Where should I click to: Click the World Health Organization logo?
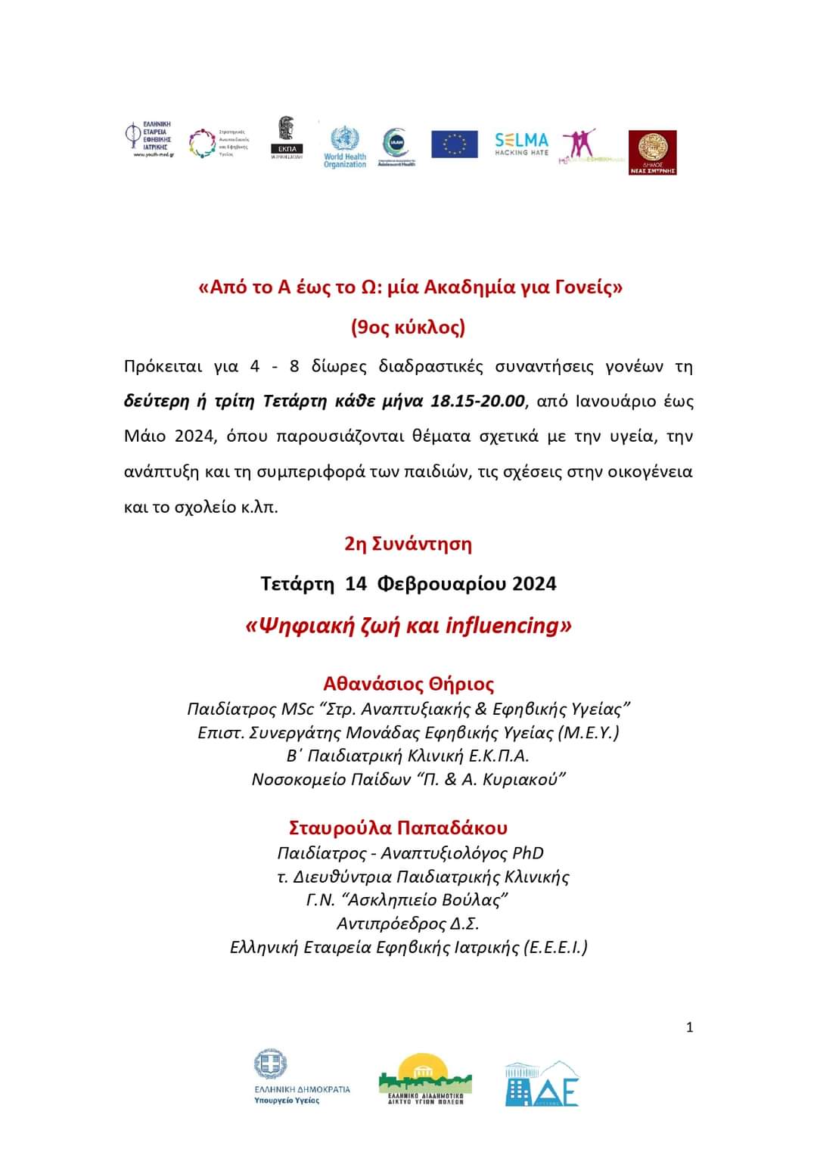(x=344, y=146)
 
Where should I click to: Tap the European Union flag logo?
(x=455, y=144)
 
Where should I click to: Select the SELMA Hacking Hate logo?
(x=521, y=143)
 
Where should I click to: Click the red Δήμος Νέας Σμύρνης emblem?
(x=652, y=152)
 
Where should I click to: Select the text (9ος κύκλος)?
(x=408, y=327)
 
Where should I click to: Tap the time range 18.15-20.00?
(x=477, y=401)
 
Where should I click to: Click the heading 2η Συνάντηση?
(x=408, y=544)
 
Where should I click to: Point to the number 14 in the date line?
(x=356, y=584)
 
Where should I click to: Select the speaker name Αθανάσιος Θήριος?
(x=408, y=684)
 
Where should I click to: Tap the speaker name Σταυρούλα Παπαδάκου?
(x=398, y=827)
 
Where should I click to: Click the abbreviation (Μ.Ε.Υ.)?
(x=589, y=732)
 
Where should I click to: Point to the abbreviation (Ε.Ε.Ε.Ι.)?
(x=556, y=947)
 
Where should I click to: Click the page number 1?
(x=689, y=1027)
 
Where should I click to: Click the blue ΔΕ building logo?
(x=542, y=1084)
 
